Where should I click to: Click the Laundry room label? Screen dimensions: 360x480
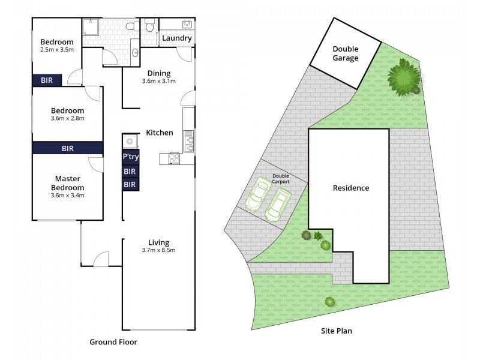pos(176,38)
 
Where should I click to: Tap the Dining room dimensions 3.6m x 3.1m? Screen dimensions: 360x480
pos(158,82)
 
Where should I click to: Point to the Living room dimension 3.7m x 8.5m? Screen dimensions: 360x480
pos(158,250)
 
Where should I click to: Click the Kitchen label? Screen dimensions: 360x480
pos(160,133)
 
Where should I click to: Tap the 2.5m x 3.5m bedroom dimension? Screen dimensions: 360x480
pos(57,50)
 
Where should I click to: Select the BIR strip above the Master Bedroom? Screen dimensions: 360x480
pos(67,148)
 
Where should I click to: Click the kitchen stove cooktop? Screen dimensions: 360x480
pos(175,158)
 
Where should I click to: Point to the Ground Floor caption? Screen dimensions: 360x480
pos(113,343)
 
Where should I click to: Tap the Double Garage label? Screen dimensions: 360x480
pos(345,53)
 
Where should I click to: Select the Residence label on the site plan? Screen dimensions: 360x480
pos(351,188)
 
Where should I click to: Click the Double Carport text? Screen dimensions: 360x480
pos(281,178)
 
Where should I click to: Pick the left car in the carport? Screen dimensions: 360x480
pos(259,194)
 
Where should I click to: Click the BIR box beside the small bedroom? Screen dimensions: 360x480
pos(47,80)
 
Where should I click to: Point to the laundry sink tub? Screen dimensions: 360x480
pos(186,25)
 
